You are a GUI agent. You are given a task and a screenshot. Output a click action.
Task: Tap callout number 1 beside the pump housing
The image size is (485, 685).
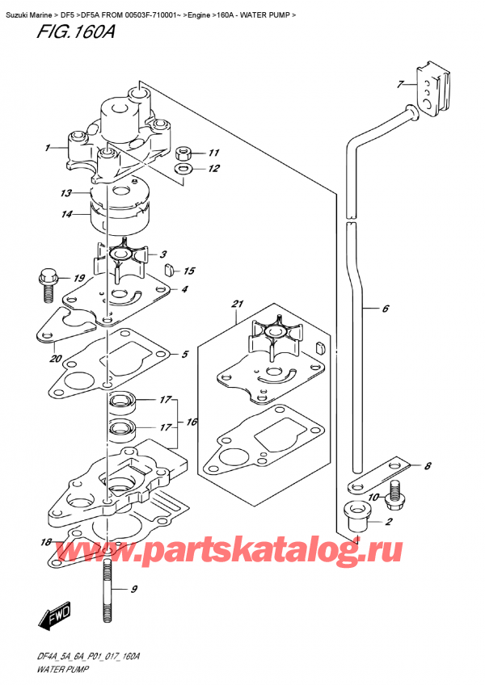(48, 148)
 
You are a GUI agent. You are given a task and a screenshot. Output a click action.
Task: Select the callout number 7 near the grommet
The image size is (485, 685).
(399, 84)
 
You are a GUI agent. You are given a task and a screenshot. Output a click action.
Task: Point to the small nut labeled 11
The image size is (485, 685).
(183, 153)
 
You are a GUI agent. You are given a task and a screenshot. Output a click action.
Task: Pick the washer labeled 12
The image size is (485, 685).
(183, 170)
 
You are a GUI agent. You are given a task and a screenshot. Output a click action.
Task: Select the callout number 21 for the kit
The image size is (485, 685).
(237, 304)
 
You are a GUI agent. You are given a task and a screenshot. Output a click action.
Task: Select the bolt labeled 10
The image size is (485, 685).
(395, 494)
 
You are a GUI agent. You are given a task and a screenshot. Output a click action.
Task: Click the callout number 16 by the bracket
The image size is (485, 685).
(190, 422)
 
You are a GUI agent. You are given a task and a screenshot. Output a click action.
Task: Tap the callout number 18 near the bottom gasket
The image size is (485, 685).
(45, 541)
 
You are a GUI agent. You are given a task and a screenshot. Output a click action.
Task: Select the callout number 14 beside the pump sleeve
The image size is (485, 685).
(65, 214)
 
